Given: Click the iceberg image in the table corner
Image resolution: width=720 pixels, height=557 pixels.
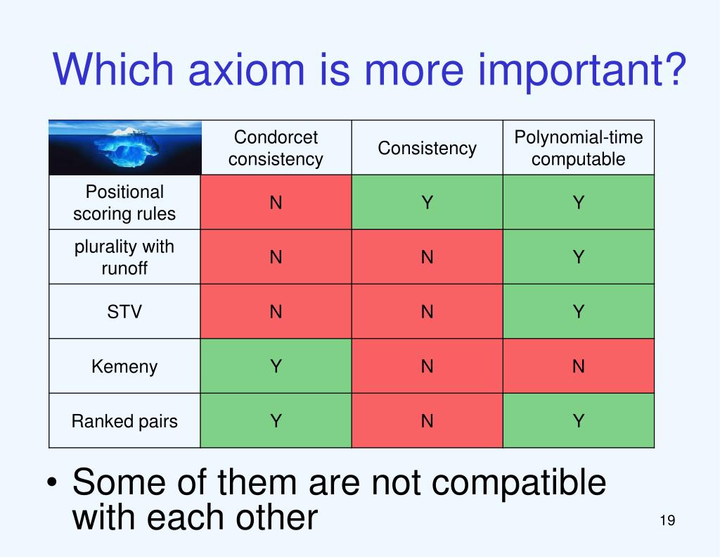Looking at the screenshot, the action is [x=125, y=148].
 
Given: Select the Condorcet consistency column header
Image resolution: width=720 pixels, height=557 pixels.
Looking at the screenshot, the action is [x=276, y=148].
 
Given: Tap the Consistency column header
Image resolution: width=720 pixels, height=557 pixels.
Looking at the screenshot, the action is [x=427, y=148].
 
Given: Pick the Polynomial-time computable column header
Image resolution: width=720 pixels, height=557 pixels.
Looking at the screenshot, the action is [x=579, y=148].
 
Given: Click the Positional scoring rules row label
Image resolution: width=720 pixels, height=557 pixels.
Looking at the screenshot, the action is [x=124, y=202].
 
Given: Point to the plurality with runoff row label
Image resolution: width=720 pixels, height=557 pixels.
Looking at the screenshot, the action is [x=124, y=257].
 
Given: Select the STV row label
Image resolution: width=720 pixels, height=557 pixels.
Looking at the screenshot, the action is [x=124, y=312].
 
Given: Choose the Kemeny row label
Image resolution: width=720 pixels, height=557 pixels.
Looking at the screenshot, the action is [x=124, y=367].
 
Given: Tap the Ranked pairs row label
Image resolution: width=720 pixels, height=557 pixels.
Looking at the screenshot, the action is [x=124, y=421].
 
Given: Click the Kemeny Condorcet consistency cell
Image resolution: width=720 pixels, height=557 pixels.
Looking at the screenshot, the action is [x=276, y=366].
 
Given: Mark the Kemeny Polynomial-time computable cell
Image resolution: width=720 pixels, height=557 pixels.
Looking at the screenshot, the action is [x=579, y=366].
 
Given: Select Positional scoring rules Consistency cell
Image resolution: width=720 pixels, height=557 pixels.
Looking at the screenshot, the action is [x=427, y=202].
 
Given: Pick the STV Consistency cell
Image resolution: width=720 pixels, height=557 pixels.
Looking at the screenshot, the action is [x=427, y=312].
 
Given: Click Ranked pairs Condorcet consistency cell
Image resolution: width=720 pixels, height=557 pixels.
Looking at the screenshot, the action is [x=276, y=421].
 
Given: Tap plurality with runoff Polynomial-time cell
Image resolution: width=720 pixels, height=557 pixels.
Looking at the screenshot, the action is [x=579, y=257].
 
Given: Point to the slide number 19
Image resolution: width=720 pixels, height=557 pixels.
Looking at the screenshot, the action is [x=667, y=520].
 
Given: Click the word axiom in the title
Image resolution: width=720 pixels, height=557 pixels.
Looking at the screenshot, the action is [x=247, y=70].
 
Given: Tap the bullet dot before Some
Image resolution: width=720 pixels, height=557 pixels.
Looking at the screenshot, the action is [x=52, y=483].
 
